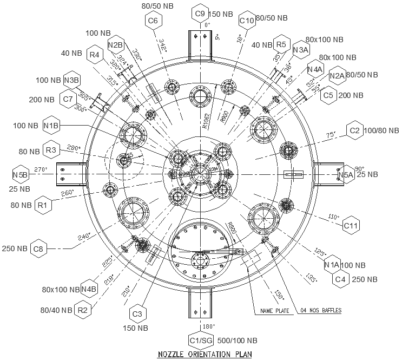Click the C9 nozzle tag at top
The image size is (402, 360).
pyautogui.click(x=200, y=13)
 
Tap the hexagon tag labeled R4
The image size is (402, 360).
pyautogui.click(x=94, y=54)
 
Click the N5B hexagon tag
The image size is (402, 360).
pyautogui.click(x=20, y=174)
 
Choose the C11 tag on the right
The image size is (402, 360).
pyautogui.click(x=351, y=225)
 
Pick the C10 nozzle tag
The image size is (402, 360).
pyautogui.click(x=246, y=21)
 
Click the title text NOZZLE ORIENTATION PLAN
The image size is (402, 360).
pyautogui.click(x=203, y=355)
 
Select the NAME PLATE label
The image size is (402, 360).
pyautogui.click(x=273, y=311)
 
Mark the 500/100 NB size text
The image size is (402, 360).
pyautogui.click(x=236, y=341)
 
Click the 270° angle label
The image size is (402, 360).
pyautogui.click(x=41, y=169)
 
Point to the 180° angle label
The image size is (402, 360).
pyautogui.click(x=206, y=327)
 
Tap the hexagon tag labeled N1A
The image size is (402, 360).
pyautogui.click(x=332, y=265)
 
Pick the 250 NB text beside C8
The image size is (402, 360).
pyautogui.click(x=14, y=248)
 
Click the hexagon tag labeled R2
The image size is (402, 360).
pyautogui.click(x=82, y=310)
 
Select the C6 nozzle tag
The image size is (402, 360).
pyautogui.click(x=153, y=21)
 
